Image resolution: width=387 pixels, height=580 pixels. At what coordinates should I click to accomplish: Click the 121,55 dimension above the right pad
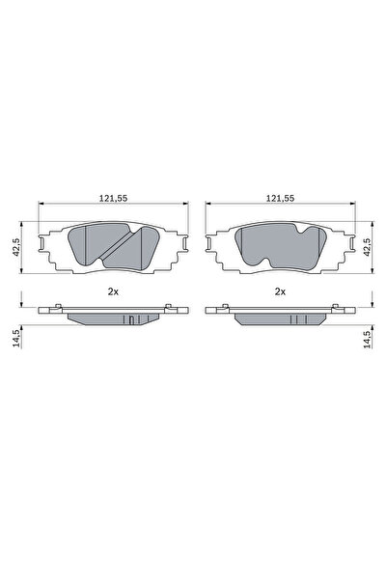(x=281, y=197)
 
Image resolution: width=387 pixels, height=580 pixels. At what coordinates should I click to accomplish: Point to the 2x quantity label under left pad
(x=114, y=290)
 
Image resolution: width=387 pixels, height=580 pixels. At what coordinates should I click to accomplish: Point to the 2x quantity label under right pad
(x=281, y=290)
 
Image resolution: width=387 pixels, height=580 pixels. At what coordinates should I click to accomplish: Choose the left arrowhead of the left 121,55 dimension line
(x=40, y=205)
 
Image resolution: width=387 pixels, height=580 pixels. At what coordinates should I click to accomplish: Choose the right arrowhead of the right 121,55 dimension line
(x=351, y=205)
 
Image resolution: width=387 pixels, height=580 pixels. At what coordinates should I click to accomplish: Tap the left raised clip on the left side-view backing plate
(x=60, y=307)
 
